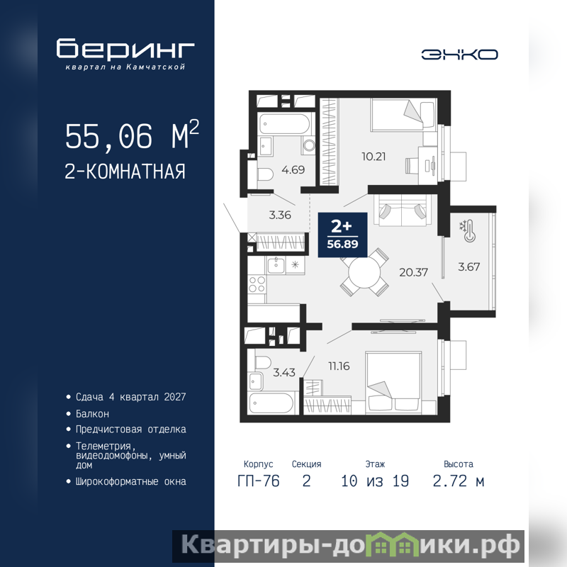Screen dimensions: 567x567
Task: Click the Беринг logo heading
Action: pyautogui.click(x=125, y=48)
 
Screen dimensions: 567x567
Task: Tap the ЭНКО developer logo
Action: pyautogui.click(x=459, y=55)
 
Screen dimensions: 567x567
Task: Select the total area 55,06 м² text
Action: pyautogui.click(x=132, y=135)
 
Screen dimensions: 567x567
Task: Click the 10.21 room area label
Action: pyautogui.click(x=374, y=156)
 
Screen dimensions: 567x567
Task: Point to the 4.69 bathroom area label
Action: pyautogui.click(x=293, y=169)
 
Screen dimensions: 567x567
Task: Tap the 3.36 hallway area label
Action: pyautogui.click(x=280, y=215)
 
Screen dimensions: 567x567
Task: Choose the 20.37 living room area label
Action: pyautogui.click(x=413, y=272)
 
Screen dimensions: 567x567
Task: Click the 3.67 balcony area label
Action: pyautogui.click(x=468, y=267)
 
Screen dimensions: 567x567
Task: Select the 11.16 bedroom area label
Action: pyautogui.click(x=339, y=366)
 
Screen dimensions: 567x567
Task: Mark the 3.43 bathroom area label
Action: pyautogui.click(x=284, y=372)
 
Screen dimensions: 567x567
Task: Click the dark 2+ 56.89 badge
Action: pyautogui.click(x=342, y=235)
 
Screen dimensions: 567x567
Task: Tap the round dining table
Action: pyautogui.click(x=364, y=273)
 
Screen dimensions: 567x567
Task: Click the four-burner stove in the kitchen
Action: pyautogui.click(x=257, y=284)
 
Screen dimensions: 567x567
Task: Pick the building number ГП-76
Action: pyautogui.click(x=258, y=481)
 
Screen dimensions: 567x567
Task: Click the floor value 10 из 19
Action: pyautogui.click(x=375, y=481)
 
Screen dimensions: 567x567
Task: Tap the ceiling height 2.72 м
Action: pyautogui.click(x=458, y=481)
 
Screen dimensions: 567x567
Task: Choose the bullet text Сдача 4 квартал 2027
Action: pyautogui.click(x=130, y=397)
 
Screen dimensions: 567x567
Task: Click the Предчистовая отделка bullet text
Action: pyautogui.click(x=130, y=430)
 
